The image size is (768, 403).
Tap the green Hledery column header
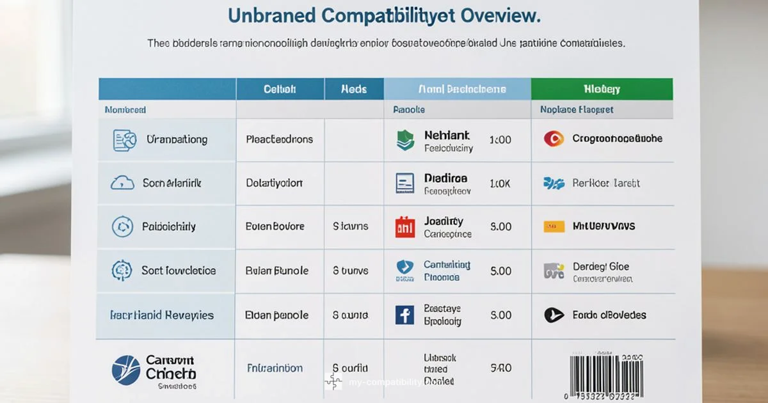602,89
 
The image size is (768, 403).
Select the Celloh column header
280,89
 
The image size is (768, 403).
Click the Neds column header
354,89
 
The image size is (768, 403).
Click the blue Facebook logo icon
404,315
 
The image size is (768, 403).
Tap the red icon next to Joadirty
405,227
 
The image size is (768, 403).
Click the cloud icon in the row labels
122,183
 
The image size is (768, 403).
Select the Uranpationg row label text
177,139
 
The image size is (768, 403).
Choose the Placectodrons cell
280,139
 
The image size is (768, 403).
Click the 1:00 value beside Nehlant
500,139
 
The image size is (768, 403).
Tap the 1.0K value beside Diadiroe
500,183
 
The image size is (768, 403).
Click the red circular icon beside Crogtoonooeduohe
553,138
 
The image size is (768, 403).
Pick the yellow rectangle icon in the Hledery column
554,226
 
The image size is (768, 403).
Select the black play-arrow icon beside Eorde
554,315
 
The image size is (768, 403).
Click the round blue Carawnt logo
125,370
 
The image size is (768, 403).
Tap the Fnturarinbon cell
275,368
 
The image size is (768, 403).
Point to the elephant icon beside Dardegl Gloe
554,271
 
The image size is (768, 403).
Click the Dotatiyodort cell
274,183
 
